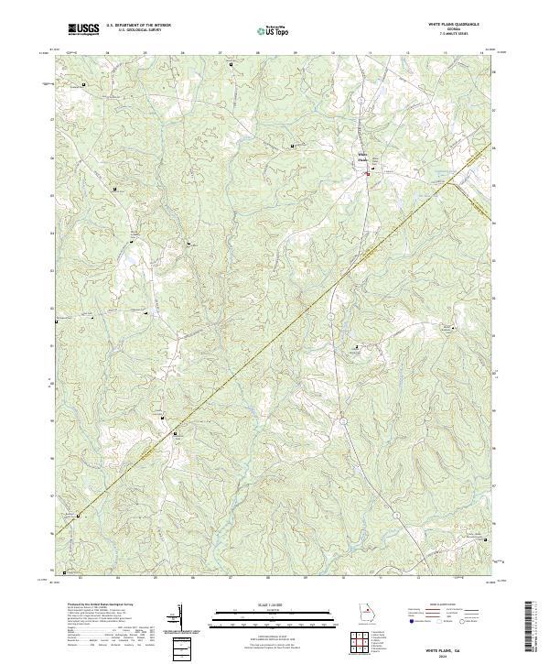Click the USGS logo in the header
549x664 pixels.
(x=83, y=29)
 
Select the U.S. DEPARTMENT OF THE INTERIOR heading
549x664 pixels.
(x=138, y=26)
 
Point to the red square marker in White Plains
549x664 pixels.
(x=370, y=171)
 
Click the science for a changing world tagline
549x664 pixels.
(x=83, y=37)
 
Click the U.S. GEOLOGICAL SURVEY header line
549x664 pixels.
(x=138, y=30)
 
